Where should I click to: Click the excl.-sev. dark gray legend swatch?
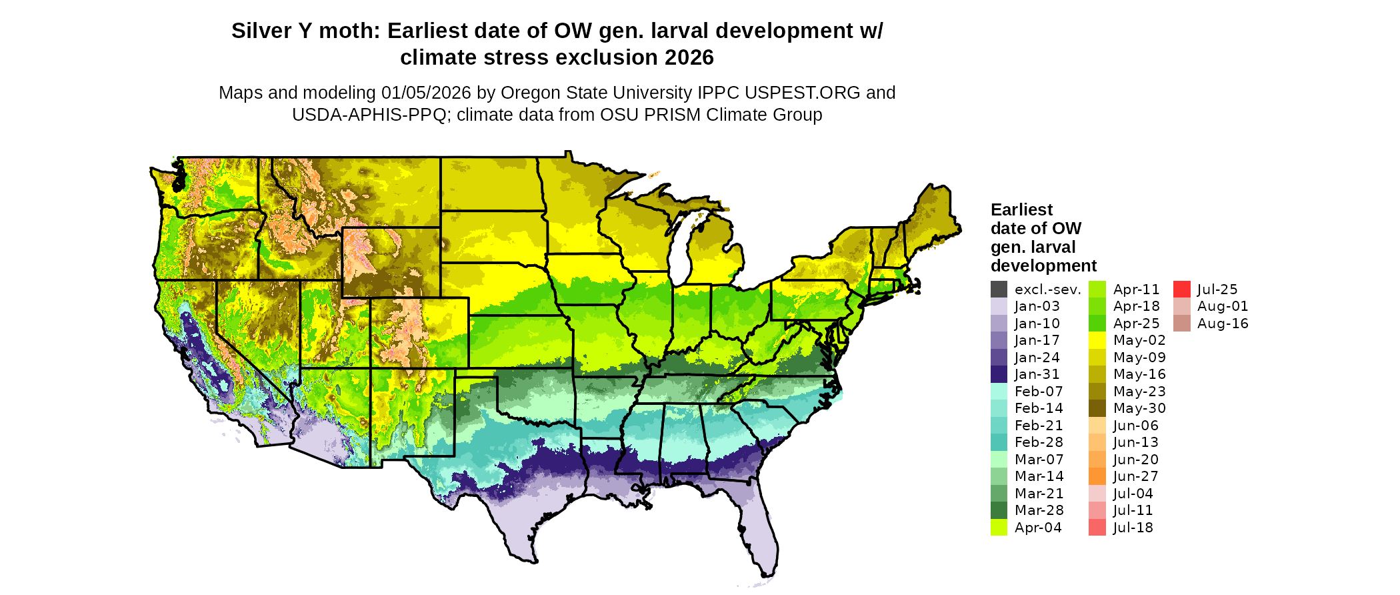tap(999, 289)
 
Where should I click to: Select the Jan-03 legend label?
tap(1037, 306)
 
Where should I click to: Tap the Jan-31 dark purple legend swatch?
tap(999, 374)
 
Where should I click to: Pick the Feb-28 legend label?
tap(1039, 442)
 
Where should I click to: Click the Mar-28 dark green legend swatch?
tap(999, 510)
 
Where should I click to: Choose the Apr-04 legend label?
tap(1038, 528)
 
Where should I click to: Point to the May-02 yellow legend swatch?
tap(1097, 340)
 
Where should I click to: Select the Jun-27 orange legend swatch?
tap(1097, 476)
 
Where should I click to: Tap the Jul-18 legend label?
tap(1133, 528)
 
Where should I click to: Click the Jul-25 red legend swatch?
tap(1181, 289)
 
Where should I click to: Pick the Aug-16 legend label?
tap(1223, 324)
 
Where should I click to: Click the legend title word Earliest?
tap(1021, 210)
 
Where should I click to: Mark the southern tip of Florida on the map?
tap(767, 572)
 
